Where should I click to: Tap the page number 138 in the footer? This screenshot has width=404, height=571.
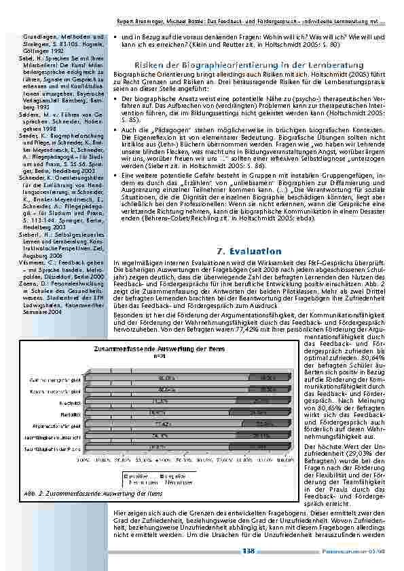(x=248, y=551)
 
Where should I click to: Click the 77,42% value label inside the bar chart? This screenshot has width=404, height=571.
(x=170, y=423)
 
